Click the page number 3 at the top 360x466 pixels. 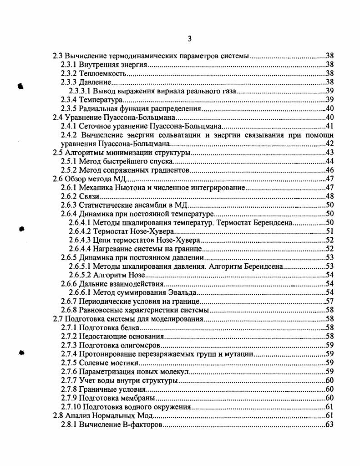[x=189, y=39]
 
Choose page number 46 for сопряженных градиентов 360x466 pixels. [x=330, y=170]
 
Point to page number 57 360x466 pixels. [x=330, y=302]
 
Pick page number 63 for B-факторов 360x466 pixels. [x=330, y=425]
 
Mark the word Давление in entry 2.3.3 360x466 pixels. [x=95, y=82]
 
